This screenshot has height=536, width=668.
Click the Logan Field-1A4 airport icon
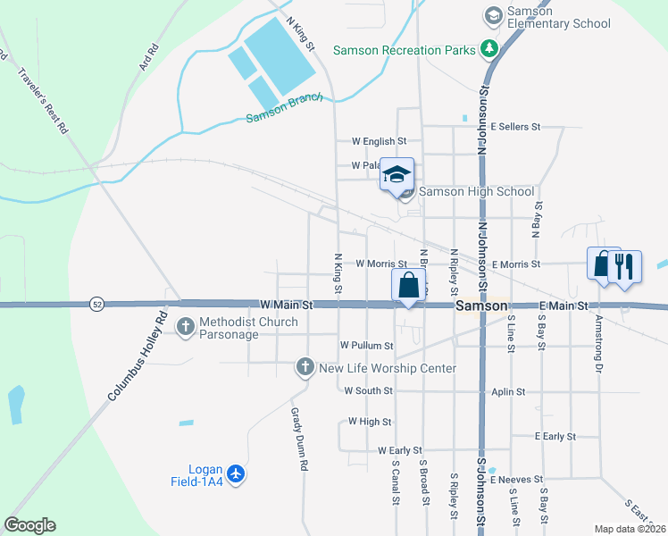coord(236,473)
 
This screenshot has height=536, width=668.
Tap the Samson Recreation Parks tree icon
coord(488,49)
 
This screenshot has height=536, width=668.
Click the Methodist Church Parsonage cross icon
coord(186,326)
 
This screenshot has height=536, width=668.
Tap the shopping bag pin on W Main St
coord(408,286)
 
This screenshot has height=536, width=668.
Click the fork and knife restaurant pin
coord(624,266)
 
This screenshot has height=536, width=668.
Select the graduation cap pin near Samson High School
coord(397,174)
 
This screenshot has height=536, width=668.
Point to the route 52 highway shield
coord(96,305)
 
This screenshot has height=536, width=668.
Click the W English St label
coord(379,141)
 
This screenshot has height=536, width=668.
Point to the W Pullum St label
coord(366,345)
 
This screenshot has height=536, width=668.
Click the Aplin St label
coord(507,391)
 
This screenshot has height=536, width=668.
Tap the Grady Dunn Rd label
coord(299,439)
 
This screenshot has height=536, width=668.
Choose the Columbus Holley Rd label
coord(138,355)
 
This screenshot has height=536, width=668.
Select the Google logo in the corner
coord(29,525)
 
